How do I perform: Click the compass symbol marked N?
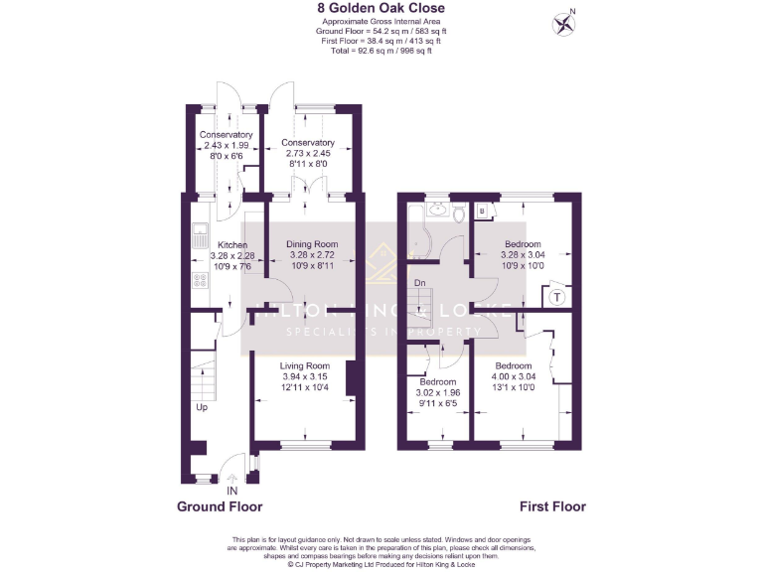tap(565, 23)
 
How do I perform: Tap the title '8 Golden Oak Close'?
tap(381, 8)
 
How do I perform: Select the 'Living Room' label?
tap(304, 366)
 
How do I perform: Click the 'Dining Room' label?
tap(312, 244)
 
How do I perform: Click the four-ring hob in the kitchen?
tap(198, 280)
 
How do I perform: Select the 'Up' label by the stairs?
tap(202, 407)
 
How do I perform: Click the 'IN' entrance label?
tap(232, 491)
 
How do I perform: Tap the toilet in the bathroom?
tap(458, 213)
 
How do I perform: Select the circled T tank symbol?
tap(556, 295)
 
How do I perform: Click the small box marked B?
tap(482, 211)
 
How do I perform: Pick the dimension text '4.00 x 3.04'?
tap(513, 376)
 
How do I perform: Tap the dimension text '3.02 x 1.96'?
tap(437, 392)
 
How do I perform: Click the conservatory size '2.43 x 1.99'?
tap(226, 146)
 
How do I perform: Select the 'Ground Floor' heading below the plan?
tap(220, 506)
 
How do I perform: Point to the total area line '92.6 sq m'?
tap(381, 49)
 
